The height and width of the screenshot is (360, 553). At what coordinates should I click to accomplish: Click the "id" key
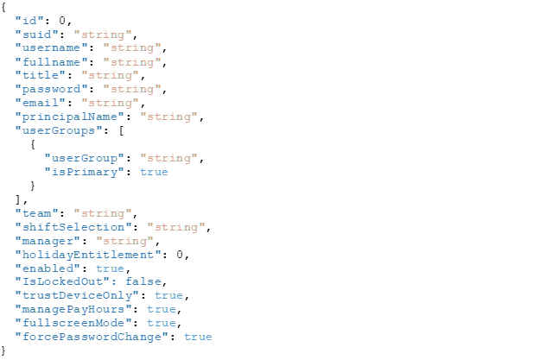point(29,20)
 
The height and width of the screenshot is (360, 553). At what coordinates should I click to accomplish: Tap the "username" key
point(51,47)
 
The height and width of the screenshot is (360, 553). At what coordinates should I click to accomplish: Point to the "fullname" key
point(51,61)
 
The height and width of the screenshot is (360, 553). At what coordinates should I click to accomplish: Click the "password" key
point(51,89)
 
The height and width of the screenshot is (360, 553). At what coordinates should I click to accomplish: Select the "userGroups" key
point(58,130)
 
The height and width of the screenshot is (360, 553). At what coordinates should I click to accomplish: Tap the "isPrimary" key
point(84,172)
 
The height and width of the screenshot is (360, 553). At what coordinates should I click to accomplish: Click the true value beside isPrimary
point(154,172)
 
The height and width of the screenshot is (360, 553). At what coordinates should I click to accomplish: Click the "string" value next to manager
point(124,241)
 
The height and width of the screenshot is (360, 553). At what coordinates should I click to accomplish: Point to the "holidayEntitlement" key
point(87,255)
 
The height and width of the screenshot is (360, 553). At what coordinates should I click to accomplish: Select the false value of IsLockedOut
point(143,281)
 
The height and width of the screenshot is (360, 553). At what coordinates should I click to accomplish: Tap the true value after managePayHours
point(161,309)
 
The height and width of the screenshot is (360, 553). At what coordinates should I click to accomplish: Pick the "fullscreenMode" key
point(73,323)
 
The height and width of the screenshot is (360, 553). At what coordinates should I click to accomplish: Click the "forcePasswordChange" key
point(91,337)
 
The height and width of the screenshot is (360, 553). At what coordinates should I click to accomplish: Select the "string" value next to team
point(103,213)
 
